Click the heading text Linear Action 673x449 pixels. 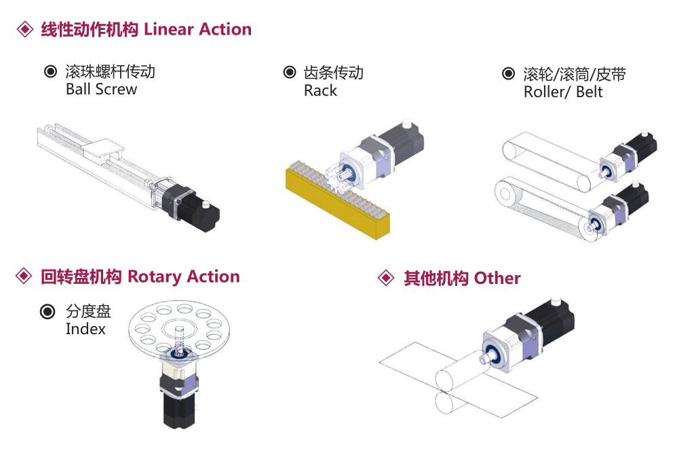pos(197,30)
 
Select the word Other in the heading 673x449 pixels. pos(497,279)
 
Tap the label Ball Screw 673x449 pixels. pos(101,90)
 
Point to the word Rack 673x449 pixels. pos(320,91)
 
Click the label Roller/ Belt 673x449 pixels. pos(563,92)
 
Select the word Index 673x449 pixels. pos(85,329)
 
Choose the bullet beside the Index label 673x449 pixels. pos(47,312)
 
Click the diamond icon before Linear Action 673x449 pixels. pos(24,30)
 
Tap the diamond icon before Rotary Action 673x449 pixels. pos(24,276)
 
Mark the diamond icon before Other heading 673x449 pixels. pos(385,279)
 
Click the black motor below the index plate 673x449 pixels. pos(178,408)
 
